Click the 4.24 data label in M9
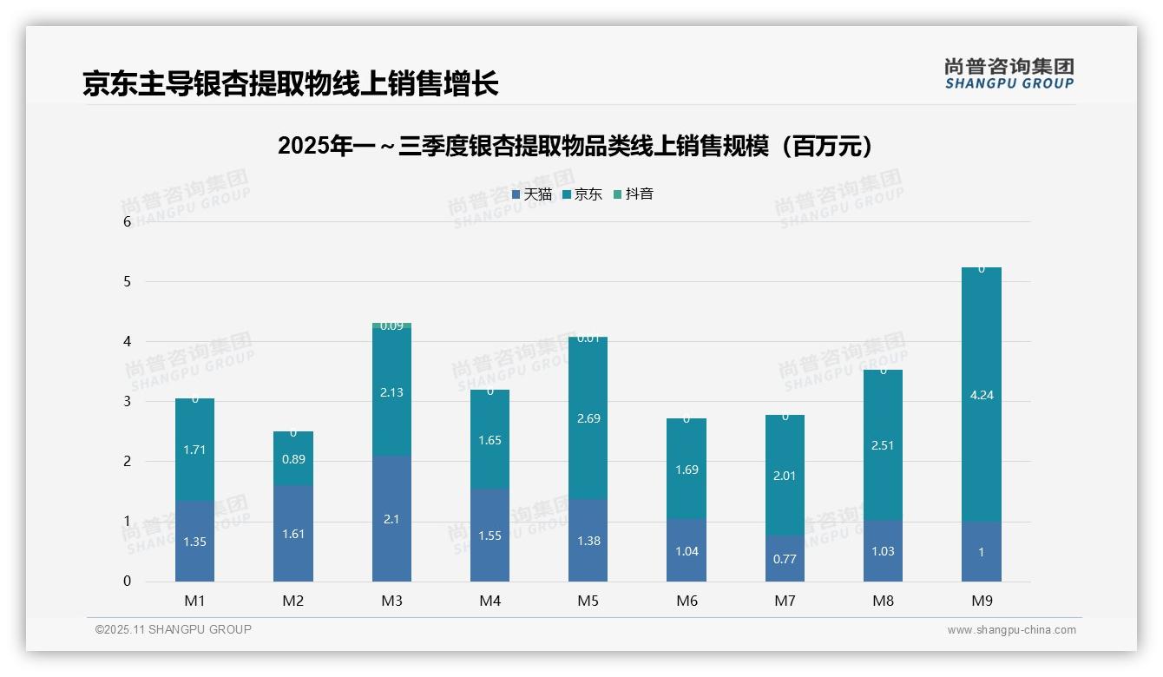[x=982, y=395]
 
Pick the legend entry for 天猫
[x=532, y=194]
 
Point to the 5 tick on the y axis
[x=127, y=281]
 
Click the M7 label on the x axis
[x=785, y=601]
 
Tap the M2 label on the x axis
[x=293, y=601]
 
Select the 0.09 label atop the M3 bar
[x=391, y=326]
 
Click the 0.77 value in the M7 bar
[x=785, y=559]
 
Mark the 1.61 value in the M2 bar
[x=293, y=534]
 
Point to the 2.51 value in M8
[x=883, y=445]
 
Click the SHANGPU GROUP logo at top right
[x=1009, y=74]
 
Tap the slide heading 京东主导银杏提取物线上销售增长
[x=290, y=84]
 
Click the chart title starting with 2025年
[x=575, y=146]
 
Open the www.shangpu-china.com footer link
[x=1011, y=630]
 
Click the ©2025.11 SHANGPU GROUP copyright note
[x=174, y=629]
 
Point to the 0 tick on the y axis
[x=127, y=582]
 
